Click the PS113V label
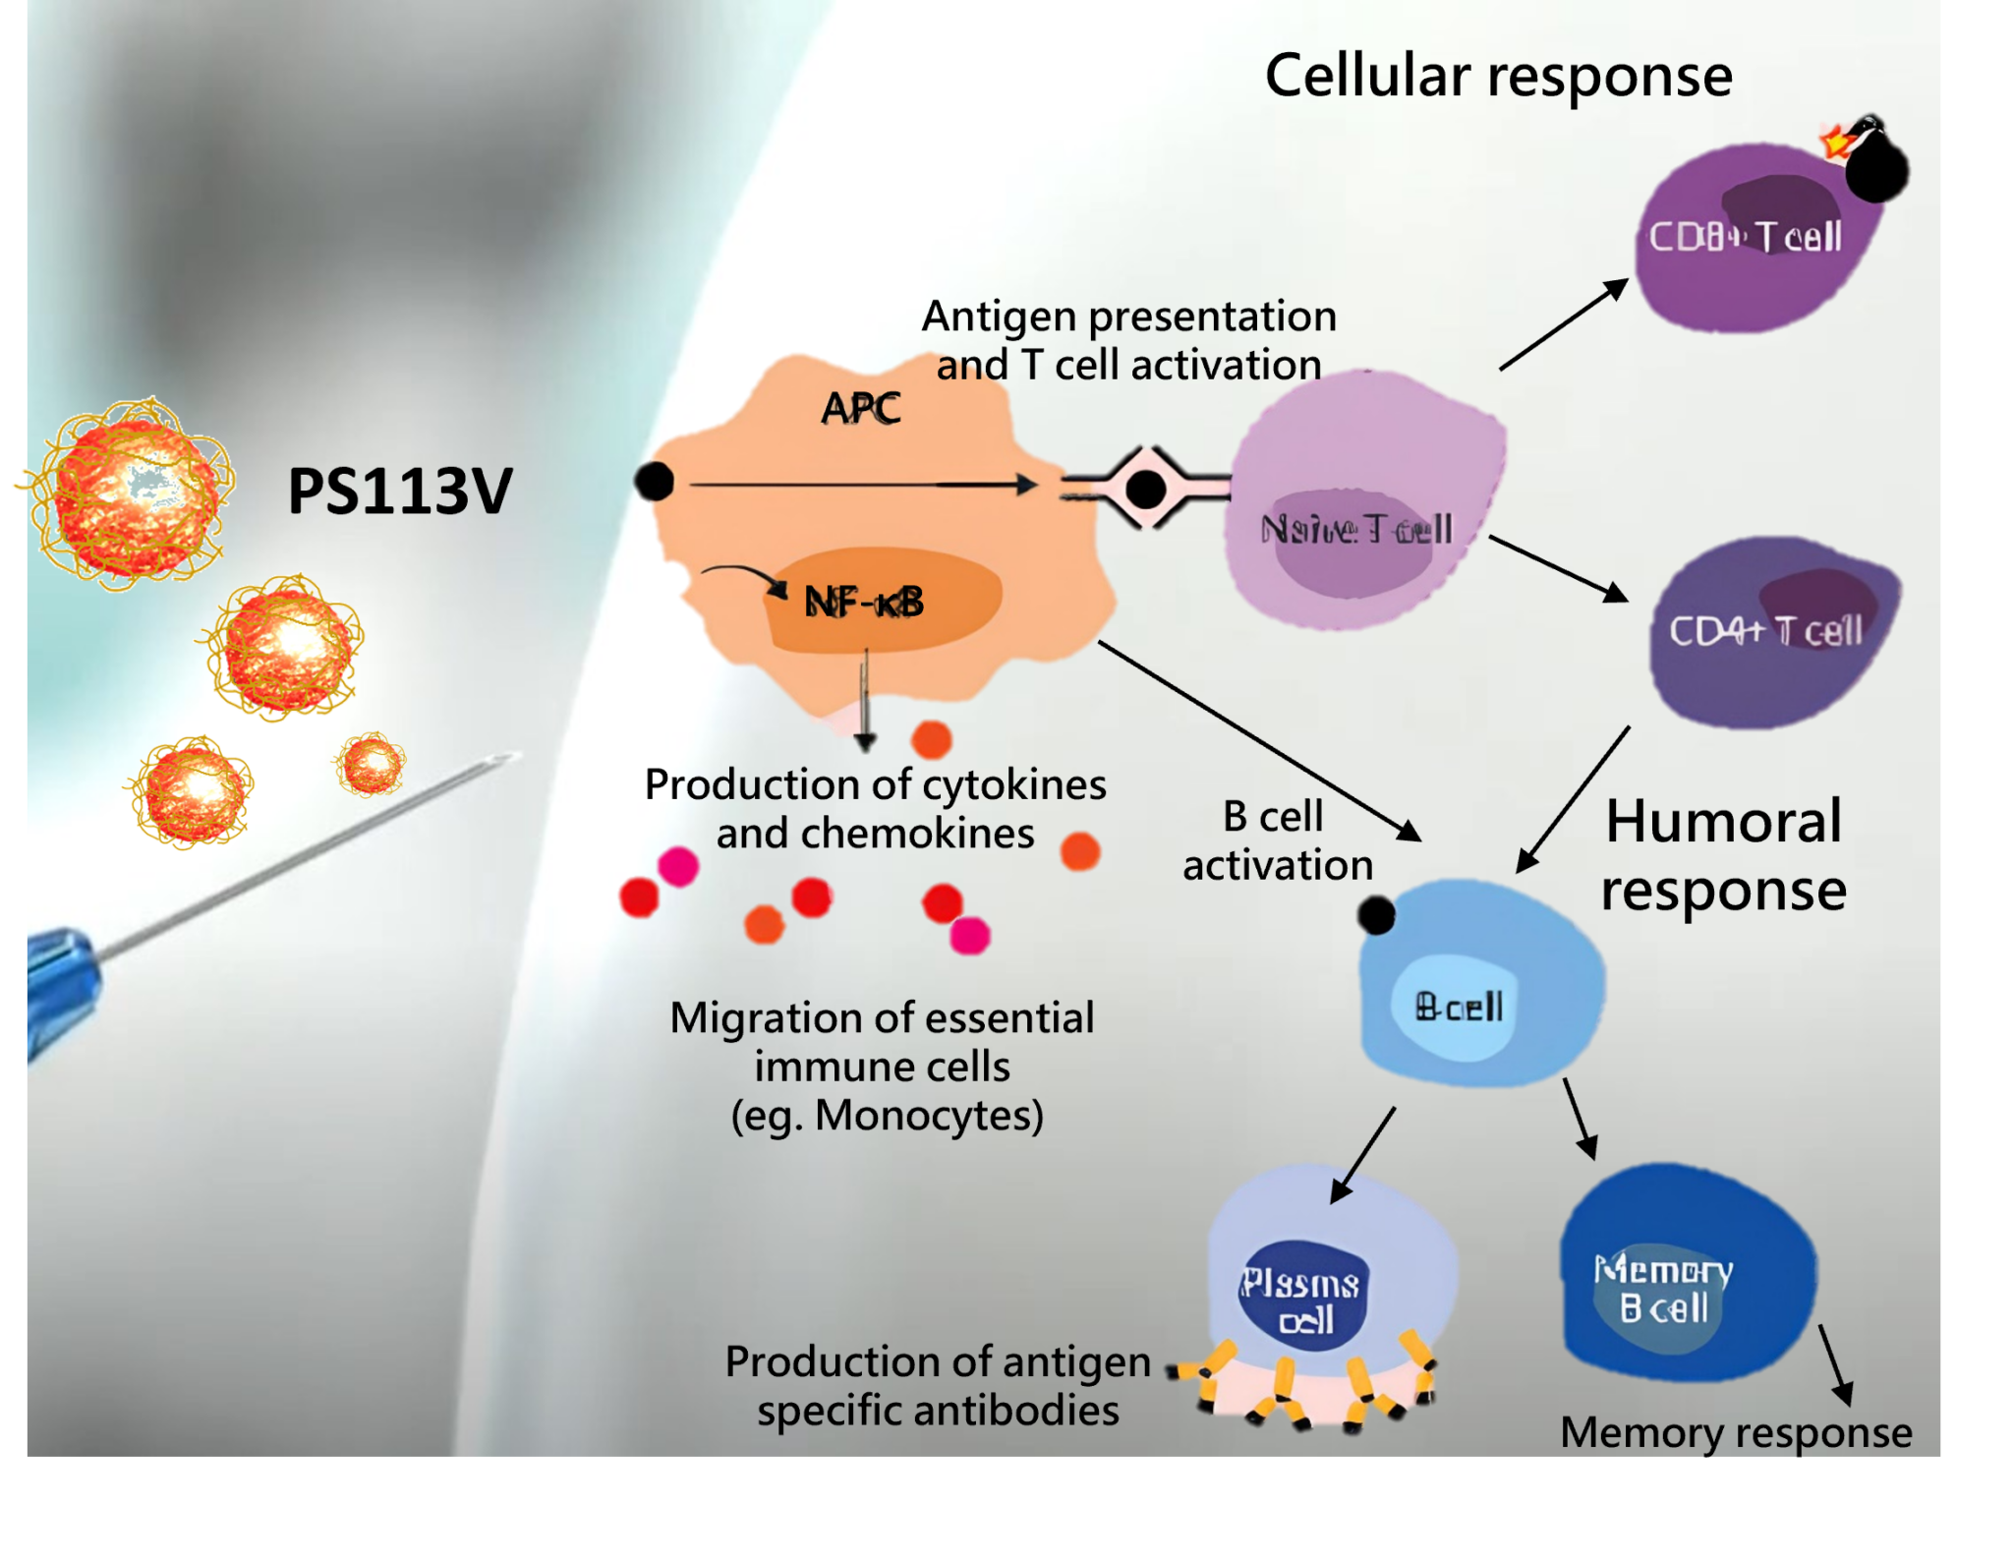399,491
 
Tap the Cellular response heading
1498,76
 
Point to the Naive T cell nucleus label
1356,530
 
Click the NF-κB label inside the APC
864,602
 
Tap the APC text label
861,408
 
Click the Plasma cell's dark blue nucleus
1303,1300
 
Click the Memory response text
1736,1432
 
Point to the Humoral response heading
1724,855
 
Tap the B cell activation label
1277,841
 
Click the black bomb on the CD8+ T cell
1876,169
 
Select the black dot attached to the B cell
1376,915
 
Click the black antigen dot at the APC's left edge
654,482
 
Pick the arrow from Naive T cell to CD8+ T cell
1563,325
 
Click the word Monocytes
929,1116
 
